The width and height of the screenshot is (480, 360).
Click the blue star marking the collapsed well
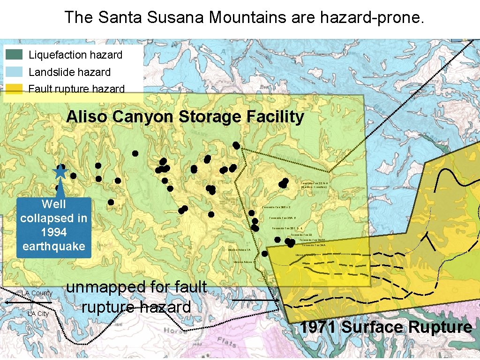click(x=60, y=172)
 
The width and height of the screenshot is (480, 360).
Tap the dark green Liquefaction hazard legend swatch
click(x=15, y=55)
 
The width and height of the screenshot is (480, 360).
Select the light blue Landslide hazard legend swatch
click(x=15, y=72)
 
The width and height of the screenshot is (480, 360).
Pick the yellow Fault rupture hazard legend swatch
click(x=15, y=89)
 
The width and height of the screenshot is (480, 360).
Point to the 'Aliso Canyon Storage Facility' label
click(x=185, y=117)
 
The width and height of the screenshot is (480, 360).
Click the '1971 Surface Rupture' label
click(x=386, y=327)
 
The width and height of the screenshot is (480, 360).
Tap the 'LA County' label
click(x=37, y=293)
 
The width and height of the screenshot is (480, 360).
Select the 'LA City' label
click(x=38, y=314)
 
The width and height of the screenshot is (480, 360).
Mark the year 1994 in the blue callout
click(x=53, y=232)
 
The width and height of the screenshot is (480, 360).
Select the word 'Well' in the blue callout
click(x=53, y=204)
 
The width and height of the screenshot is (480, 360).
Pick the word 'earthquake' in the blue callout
click(x=53, y=246)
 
